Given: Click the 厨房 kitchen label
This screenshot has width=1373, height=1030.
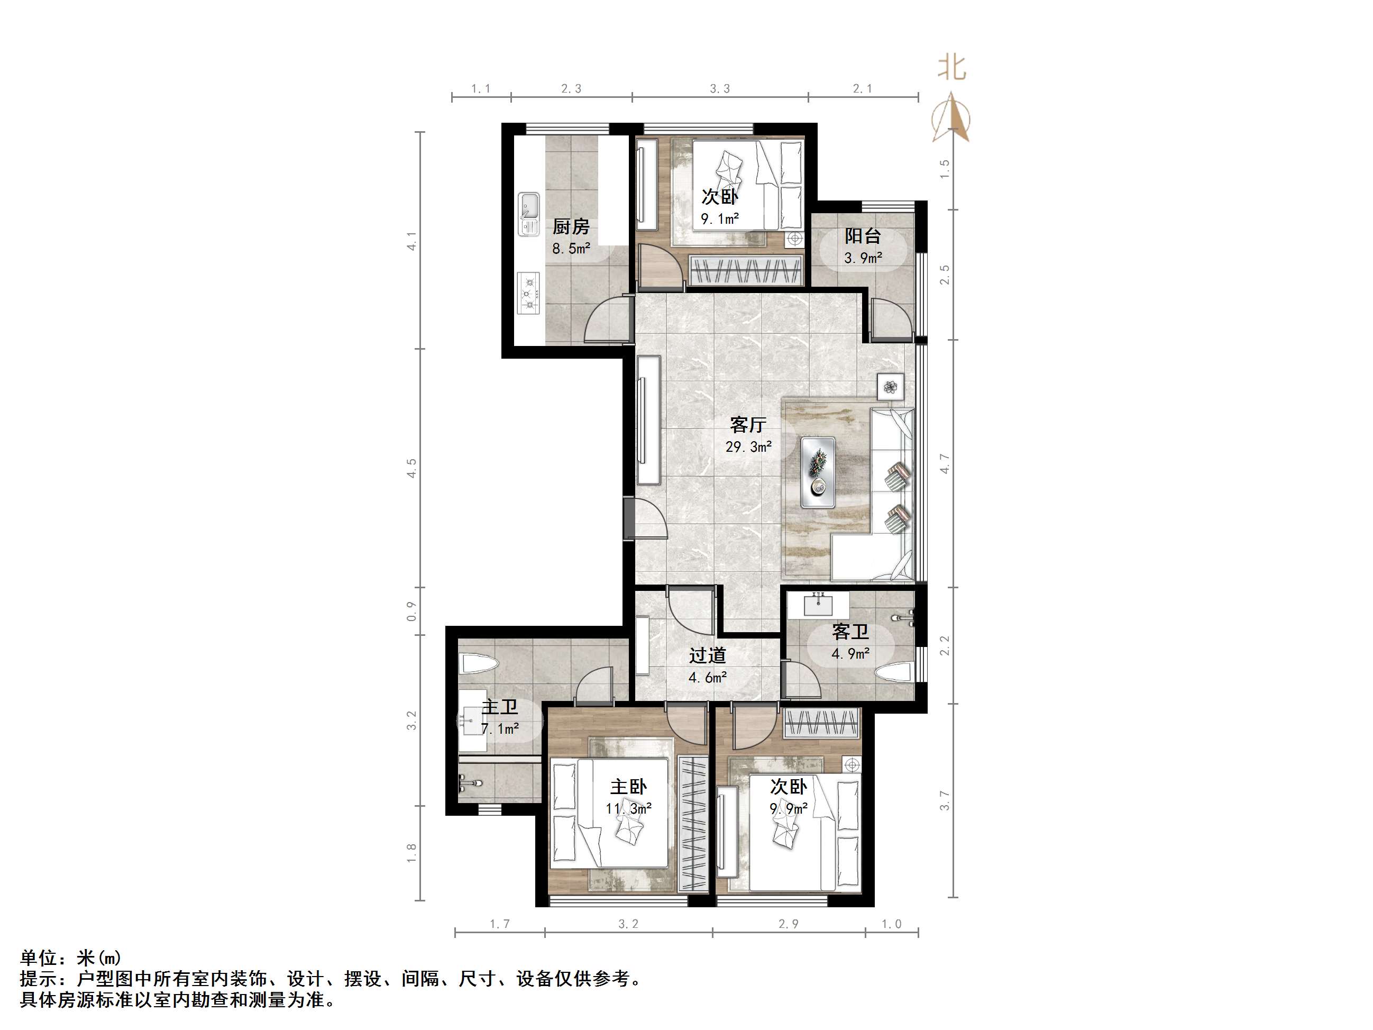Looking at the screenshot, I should pos(571,226).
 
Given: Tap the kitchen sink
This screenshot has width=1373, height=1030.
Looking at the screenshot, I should pos(529,214).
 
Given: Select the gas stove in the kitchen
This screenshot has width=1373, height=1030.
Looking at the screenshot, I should pos(529,294).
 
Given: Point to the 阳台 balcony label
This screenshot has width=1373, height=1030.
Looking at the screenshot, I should pos(862,236).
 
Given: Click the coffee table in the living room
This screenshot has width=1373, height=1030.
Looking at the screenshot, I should pos(818,472).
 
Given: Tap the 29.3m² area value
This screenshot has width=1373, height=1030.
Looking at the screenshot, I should pos(748,447).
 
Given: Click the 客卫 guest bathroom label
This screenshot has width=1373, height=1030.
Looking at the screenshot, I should pos(850,632).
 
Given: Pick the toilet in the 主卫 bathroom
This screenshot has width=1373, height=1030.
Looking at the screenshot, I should pos(478,664).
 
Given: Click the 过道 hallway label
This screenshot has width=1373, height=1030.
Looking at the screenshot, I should pos(707,655).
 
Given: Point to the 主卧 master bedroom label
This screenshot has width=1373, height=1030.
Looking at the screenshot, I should pos(628,787).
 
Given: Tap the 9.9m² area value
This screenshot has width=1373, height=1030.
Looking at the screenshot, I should pos(788,809).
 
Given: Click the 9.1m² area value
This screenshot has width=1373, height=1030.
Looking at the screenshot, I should pos(719,218).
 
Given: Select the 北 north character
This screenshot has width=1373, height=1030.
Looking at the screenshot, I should pos(951,68).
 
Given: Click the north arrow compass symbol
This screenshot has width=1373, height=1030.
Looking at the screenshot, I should pos(951,118).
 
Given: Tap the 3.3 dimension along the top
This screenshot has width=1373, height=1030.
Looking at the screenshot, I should pos(719,89).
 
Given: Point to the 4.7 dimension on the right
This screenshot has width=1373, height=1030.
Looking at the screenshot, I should pos(945,463).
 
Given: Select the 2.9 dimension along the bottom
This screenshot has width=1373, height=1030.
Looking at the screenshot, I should pos(788,924).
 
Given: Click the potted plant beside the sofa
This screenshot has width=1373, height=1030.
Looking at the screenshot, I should pos(891,387).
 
